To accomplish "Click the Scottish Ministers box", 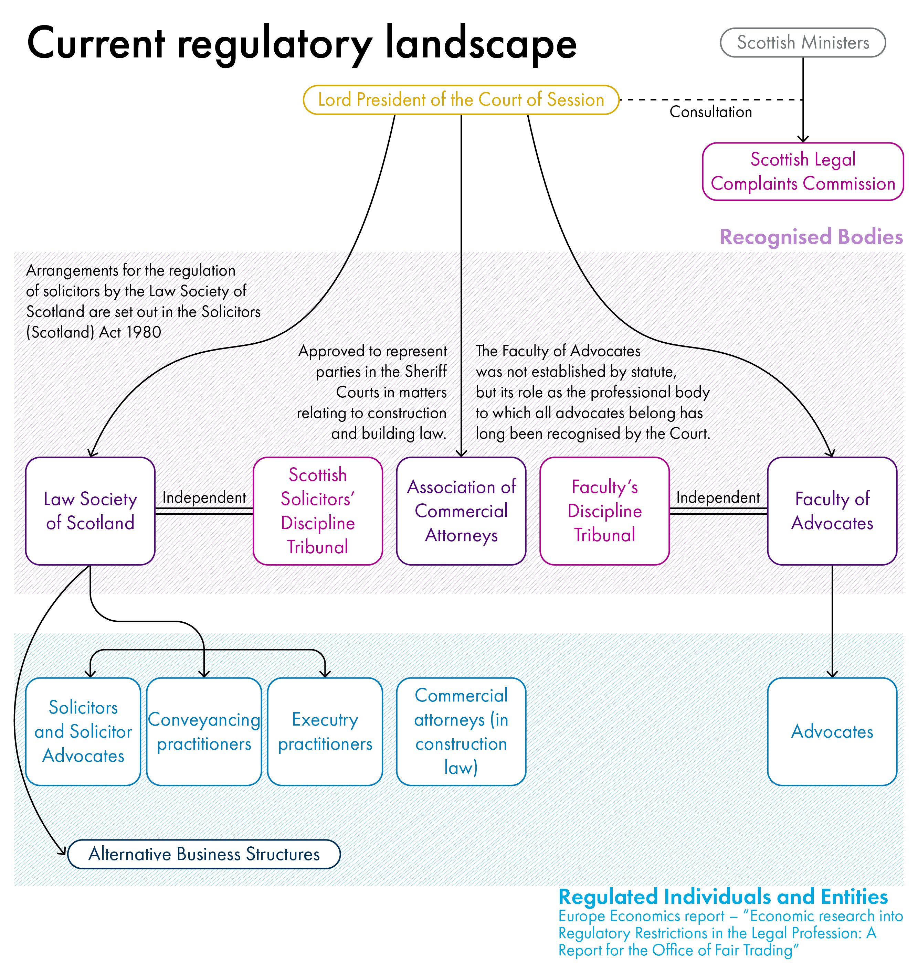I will pyautogui.click(x=802, y=43).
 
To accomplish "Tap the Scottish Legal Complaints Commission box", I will pyautogui.click(x=802, y=171).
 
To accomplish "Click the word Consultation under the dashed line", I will pyautogui.click(x=710, y=112).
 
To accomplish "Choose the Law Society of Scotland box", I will pyautogui.click(x=90, y=511).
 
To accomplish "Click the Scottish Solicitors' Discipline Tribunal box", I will pyautogui.click(x=317, y=511).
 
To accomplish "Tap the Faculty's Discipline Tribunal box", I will pyautogui.click(x=604, y=511).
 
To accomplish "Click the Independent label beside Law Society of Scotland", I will pyautogui.click(x=204, y=497).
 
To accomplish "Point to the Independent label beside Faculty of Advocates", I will pyautogui.click(x=717, y=497).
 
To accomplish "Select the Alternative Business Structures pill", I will pyautogui.click(x=204, y=854).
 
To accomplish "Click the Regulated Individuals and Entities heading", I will pyautogui.click(x=723, y=897).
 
